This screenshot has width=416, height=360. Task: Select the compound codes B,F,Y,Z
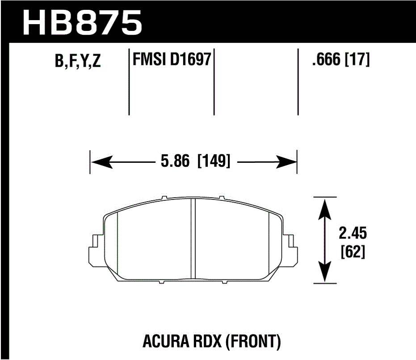(78, 62)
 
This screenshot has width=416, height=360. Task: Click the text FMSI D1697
(172, 59)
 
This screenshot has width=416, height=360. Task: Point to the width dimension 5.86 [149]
(193, 161)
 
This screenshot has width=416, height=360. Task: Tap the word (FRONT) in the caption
(254, 342)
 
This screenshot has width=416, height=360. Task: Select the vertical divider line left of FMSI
(129, 80)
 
